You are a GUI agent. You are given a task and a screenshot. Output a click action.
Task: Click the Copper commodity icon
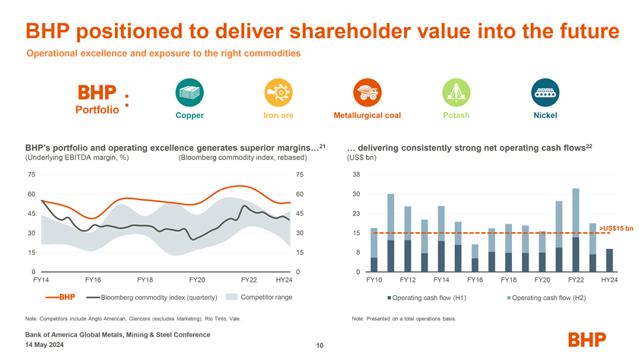coord(189,93)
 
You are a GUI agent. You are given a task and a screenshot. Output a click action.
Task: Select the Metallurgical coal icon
coord(367,93)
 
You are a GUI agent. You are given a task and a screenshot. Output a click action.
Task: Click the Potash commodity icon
coord(456,93)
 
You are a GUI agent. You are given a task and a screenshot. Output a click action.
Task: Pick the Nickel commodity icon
coord(545,93)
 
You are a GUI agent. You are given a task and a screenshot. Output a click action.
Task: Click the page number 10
coord(319,347)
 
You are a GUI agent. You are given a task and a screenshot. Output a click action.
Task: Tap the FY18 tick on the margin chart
coord(145,280)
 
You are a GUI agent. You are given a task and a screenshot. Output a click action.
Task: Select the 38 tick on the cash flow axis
coord(357,175)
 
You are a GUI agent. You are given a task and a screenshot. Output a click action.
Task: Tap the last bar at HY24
coord(609,260)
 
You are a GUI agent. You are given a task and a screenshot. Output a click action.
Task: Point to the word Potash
coord(456,116)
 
